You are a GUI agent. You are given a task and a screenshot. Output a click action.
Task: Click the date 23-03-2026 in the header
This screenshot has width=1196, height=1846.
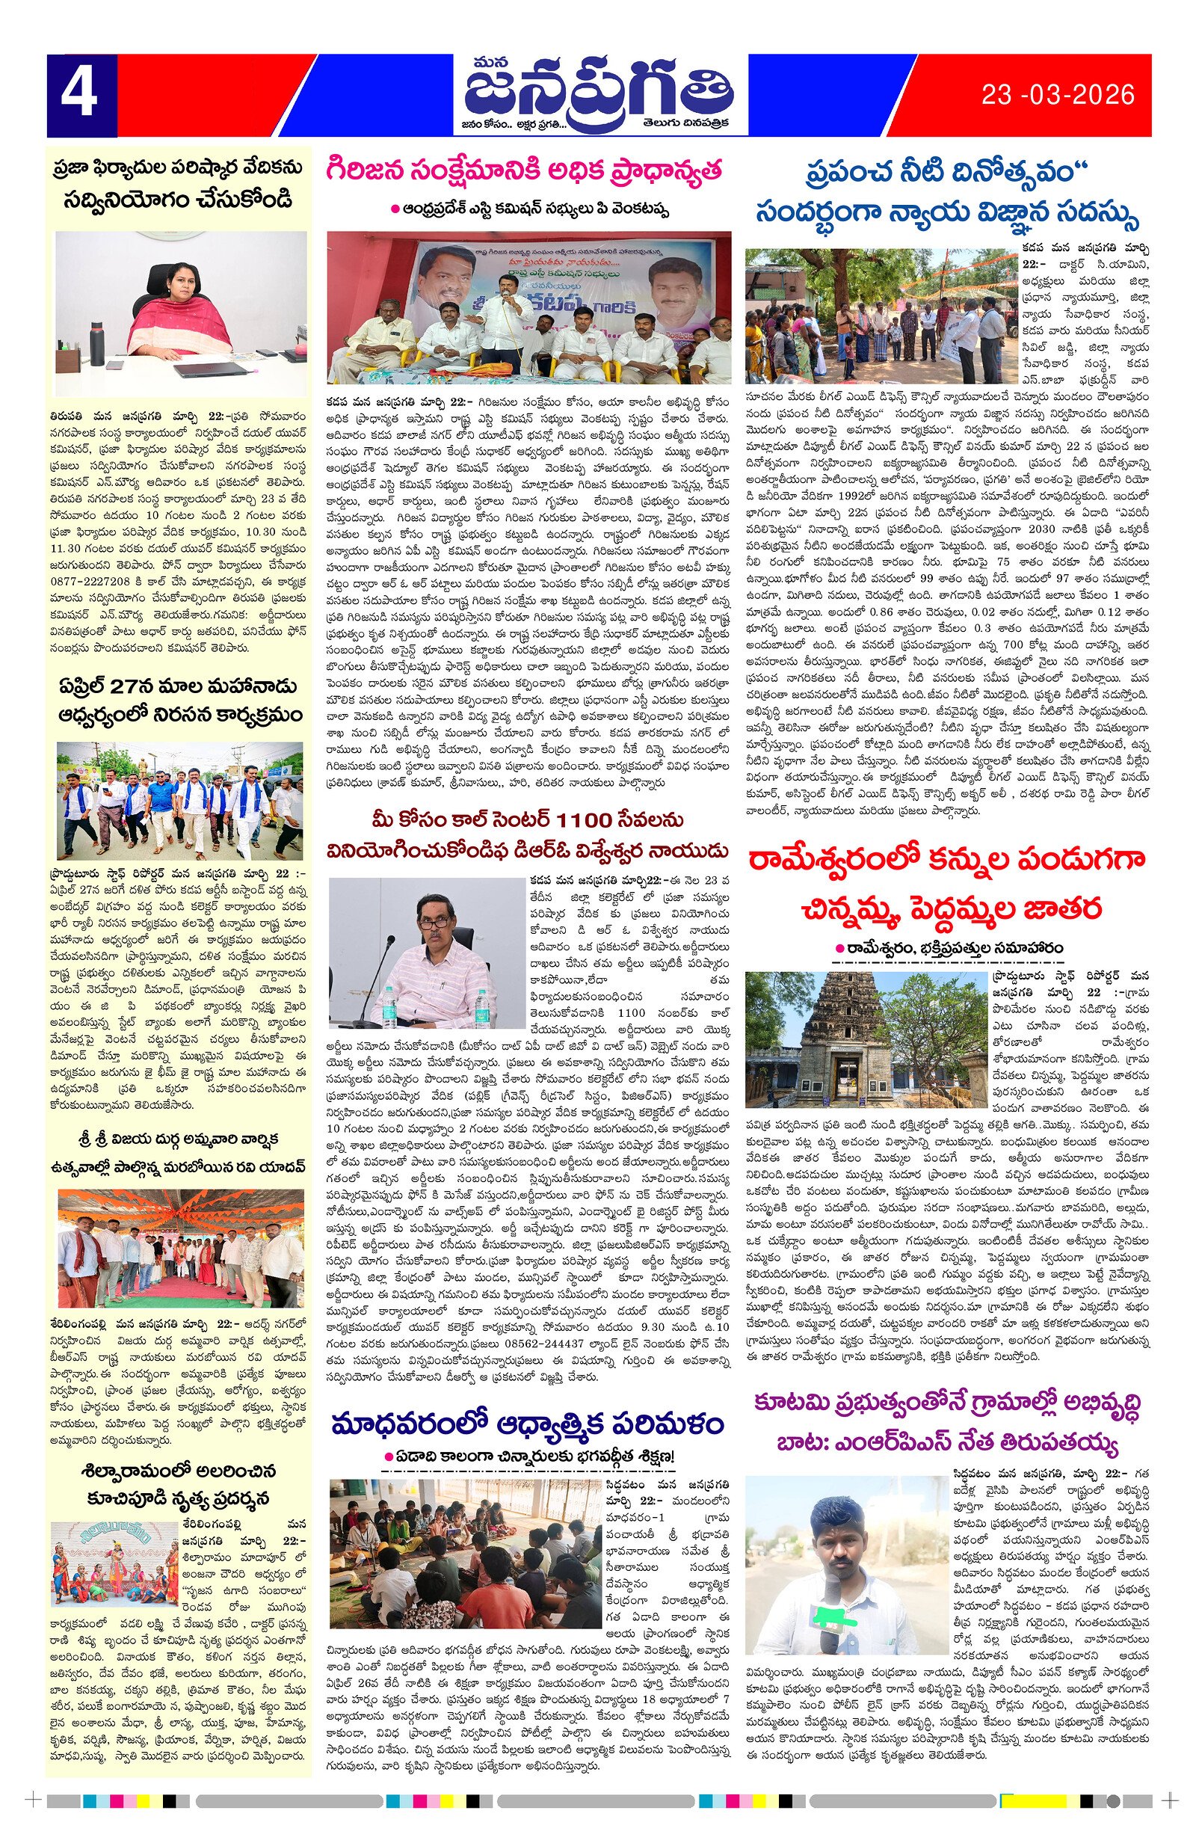tap(1057, 96)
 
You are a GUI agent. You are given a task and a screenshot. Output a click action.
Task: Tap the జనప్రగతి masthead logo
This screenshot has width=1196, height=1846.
tap(598, 91)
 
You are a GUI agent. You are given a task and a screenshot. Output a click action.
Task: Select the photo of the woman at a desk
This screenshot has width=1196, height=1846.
tap(181, 313)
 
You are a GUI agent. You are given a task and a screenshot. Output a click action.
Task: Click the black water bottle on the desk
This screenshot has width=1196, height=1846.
tap(97, 342)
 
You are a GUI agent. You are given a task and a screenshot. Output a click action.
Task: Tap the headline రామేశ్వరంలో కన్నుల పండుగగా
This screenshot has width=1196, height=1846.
tap(946, 860)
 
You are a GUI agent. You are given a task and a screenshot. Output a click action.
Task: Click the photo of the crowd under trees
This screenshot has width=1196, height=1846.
tap(880, 316)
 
